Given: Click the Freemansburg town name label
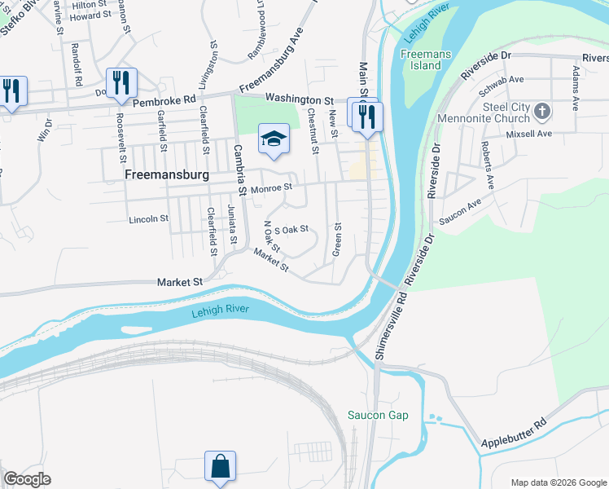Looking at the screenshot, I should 166,175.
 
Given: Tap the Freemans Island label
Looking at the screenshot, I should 421,59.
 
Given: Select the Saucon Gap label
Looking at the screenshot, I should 377,416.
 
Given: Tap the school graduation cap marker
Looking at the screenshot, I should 274,138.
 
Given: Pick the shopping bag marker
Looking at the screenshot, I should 220,467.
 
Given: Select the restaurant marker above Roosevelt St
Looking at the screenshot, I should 121,83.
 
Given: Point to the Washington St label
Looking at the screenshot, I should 300,99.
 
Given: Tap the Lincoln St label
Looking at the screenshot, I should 148,219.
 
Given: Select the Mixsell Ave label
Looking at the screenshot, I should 528,134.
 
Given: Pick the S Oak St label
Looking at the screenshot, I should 292,229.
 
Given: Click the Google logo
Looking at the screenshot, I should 27,479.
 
